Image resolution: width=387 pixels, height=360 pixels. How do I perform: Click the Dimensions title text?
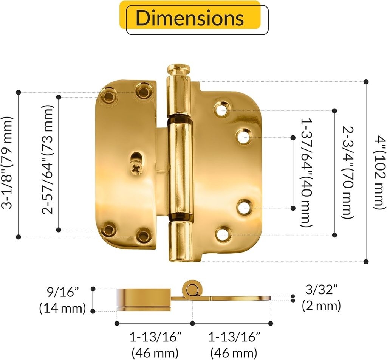(190, 18)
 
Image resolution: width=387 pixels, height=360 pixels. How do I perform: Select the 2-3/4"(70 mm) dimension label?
(348, 172)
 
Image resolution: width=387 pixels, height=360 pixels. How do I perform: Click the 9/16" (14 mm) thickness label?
(62, 300)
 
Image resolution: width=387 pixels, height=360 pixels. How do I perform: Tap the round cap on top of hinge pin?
(179, 69)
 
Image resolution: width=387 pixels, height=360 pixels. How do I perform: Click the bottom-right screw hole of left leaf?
(144, 235)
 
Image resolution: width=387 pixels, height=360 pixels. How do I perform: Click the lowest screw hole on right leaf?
(223, 234)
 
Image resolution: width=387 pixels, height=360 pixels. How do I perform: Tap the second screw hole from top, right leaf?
(244, 137)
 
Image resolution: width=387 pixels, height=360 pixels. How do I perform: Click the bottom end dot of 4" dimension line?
(366, 261)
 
